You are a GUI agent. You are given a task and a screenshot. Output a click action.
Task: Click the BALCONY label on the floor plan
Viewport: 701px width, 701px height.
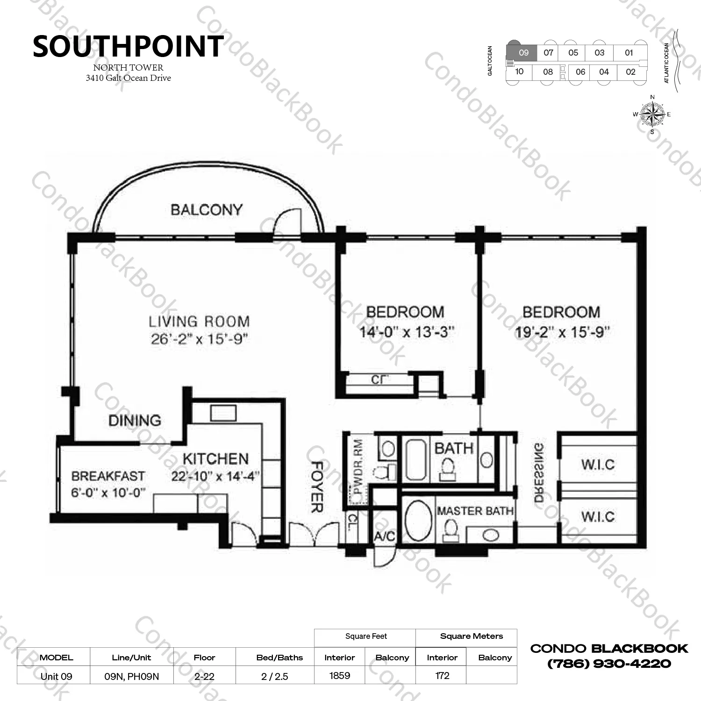coord(207,210)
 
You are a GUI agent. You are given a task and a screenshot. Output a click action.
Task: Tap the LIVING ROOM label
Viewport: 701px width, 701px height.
coord(199,322)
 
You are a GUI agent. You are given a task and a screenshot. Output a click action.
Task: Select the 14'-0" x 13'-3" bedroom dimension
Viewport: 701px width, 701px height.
coord(407,332)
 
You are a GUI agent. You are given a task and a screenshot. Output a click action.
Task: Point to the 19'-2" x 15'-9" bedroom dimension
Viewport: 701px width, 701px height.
coord(562,332)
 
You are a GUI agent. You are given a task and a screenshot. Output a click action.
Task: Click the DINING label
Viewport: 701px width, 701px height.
coord(135,421)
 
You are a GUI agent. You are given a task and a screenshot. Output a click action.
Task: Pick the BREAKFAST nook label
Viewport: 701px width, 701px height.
coord(108,476)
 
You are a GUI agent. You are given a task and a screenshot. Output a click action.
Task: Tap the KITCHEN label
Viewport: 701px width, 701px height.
coord(215,459)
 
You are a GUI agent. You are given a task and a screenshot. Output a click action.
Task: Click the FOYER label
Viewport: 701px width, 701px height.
coord(317,486)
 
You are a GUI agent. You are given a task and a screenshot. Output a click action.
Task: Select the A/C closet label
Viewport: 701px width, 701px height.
coord(384,536)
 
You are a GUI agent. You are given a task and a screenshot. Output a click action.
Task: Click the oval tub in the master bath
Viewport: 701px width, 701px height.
coord(418,521)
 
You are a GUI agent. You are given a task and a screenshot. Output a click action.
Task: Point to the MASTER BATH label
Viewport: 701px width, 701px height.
coord(475,511)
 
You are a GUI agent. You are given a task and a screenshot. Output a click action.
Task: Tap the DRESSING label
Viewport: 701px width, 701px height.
coord(539,472)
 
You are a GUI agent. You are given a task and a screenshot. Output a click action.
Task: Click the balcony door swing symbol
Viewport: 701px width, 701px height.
coord(287,221)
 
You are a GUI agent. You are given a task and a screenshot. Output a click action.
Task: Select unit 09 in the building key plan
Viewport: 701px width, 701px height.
coord(523,53)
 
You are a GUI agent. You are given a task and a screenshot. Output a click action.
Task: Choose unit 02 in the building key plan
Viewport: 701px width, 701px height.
coord(630,72)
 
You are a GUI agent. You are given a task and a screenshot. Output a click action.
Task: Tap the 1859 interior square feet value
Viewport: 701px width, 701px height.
coord(339,676)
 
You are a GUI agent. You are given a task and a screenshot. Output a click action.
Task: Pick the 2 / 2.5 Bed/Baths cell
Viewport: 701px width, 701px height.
coord(275,676)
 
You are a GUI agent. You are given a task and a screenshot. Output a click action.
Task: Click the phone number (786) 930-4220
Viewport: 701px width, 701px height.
coord(609,664)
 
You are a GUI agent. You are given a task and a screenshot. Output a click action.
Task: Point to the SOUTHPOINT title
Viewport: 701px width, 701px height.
coord(128,47)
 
